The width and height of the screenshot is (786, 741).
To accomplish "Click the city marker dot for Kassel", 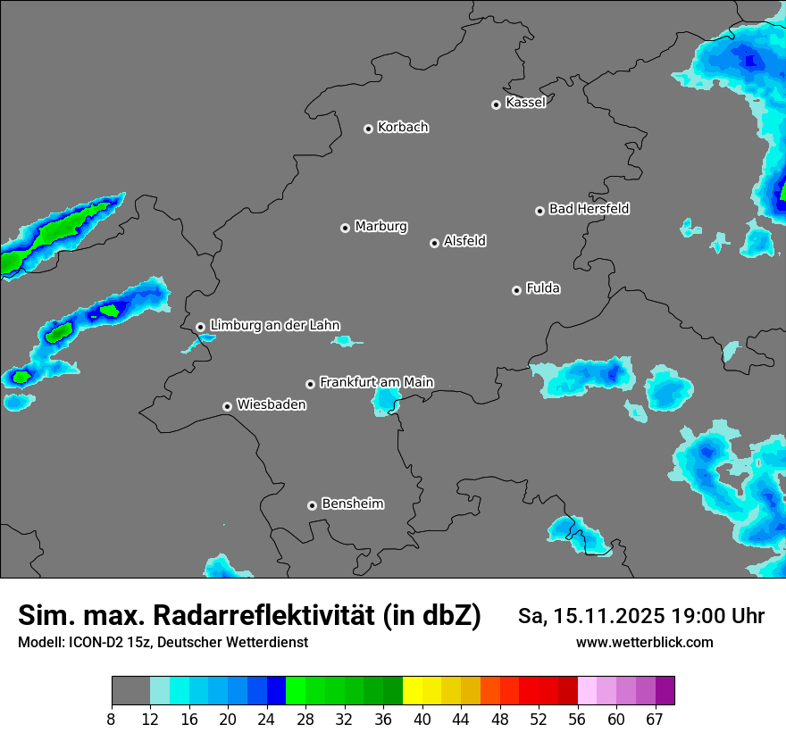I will [496, 104].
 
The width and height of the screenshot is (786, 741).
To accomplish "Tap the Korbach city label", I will [403, 127].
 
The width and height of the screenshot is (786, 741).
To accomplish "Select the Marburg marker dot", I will [345, 228].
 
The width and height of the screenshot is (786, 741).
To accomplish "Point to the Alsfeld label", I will [464, 241].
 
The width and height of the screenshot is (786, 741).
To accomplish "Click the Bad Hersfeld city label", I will [589, 209].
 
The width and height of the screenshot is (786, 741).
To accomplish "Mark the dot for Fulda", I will [516, 290].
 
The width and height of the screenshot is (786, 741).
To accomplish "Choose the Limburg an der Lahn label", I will [274, 325].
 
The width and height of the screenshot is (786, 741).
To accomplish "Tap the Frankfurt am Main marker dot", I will [311, 384].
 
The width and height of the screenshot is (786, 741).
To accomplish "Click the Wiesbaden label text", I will [271, 404].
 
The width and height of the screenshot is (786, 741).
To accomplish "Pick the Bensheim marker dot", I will [312, 505].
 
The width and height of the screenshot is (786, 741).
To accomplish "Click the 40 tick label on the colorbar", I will [422, 719].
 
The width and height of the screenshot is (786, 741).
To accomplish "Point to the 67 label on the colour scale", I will [655, 719].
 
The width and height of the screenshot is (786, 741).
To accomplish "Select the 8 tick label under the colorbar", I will [112, 719].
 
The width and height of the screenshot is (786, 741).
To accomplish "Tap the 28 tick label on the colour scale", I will [305, 719].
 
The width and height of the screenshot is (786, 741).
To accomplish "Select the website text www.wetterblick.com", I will [645, 642].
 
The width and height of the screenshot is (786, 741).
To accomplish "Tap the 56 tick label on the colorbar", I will [577, 719].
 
